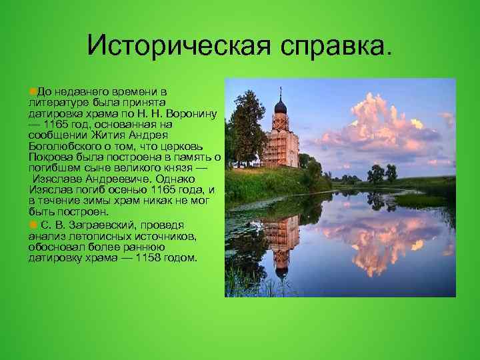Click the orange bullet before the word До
point(32,90)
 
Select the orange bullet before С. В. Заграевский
point(32,225)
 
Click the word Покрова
point(47,157)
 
